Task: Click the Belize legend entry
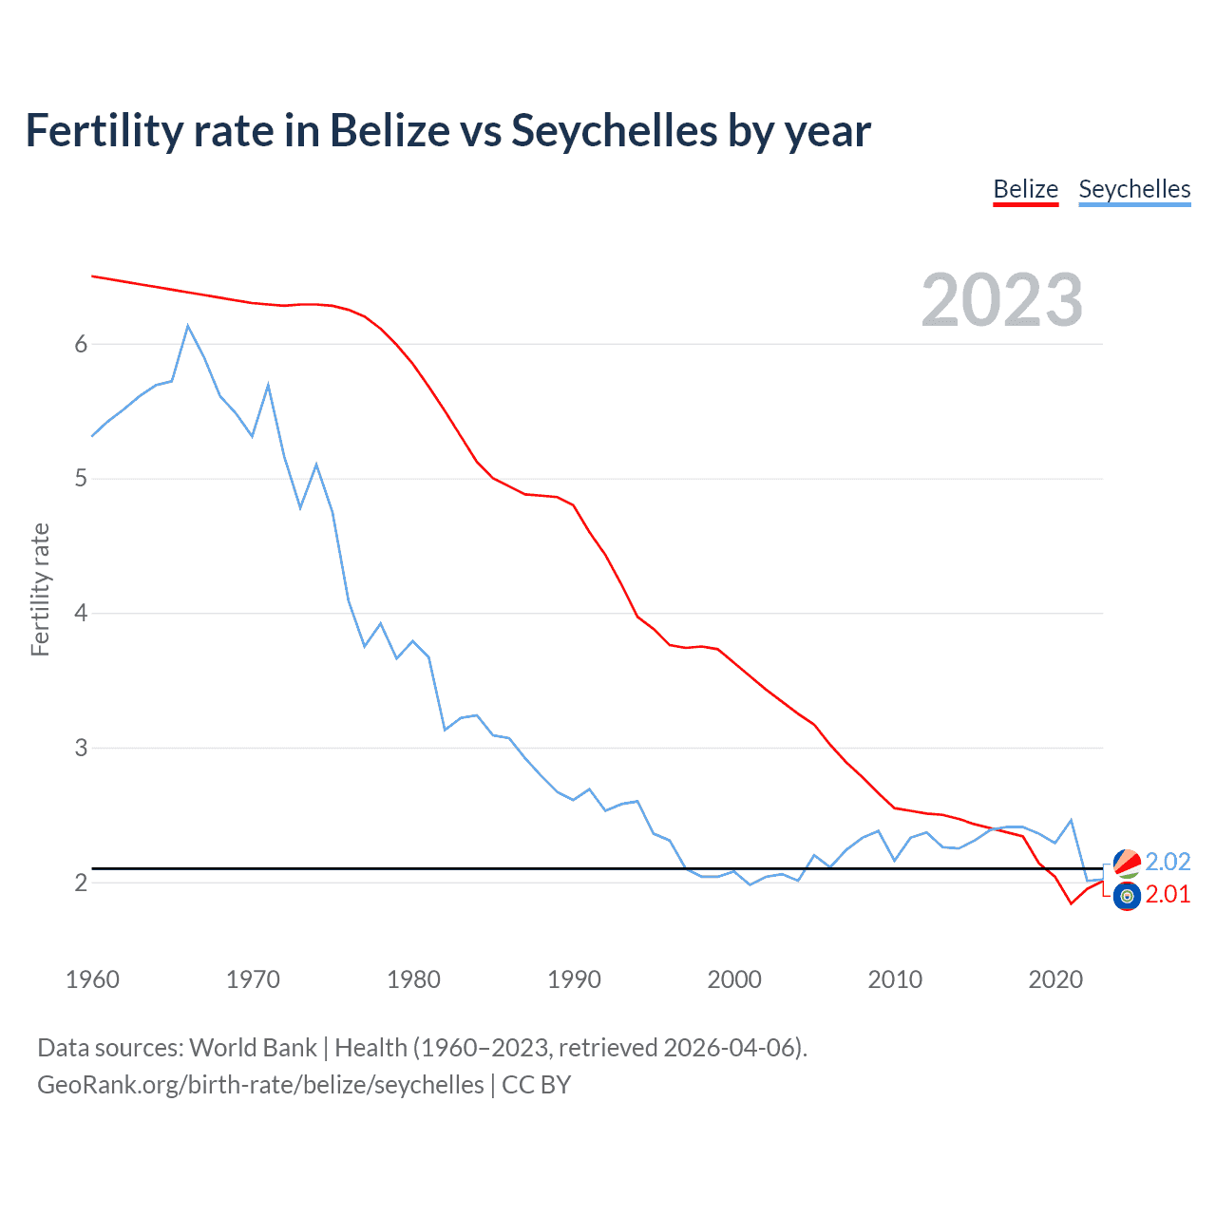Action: tap(1025, 189)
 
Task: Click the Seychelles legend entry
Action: tap(1134, 189)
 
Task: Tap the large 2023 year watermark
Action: tap(1001, 300)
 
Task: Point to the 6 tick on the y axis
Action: tap(81, 344)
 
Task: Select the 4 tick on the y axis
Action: tap(81, 613)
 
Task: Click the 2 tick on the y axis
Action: tap(81, 883)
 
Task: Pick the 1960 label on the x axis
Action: tap(92, 979)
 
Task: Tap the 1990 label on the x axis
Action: tap(574, 979)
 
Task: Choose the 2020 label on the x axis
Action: tap(1055, 979)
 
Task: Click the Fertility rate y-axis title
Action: tap(40, 589)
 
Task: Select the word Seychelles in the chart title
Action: tap(614, 130)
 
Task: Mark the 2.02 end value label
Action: tap(1168, 862)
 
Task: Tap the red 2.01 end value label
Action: tap(1168, 894)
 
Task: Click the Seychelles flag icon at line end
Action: tap(1127, 863)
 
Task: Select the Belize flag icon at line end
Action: tap(1127, 896)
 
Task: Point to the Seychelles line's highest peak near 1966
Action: tap(188, 326)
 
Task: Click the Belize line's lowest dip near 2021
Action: tap(1071, 903)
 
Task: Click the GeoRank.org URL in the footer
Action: tap(260, 1085)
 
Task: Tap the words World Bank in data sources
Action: tap(253, 1048)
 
